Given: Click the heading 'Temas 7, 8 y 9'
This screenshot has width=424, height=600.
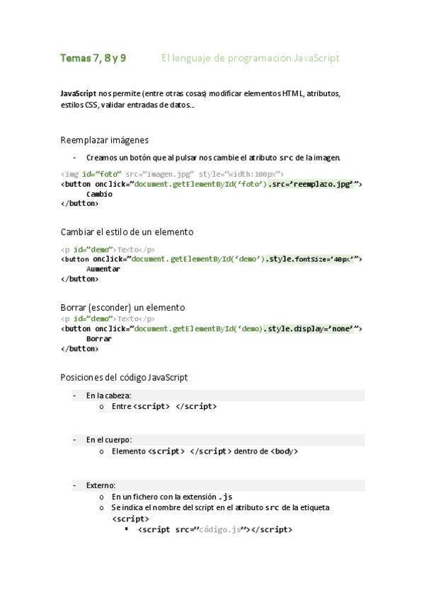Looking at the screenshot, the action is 93,58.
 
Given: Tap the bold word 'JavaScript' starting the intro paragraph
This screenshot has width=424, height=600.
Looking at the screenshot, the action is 78,93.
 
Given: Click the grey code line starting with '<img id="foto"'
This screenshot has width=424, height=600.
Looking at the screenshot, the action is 172,174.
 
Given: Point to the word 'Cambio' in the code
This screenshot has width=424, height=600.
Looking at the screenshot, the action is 99,194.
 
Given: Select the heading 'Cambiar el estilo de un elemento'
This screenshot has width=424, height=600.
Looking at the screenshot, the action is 127,232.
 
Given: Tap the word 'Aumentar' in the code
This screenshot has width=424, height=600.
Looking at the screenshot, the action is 103,269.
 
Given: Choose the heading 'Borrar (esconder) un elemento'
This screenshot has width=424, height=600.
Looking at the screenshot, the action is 123,308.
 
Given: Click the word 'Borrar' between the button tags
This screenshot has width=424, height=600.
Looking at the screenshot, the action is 99,339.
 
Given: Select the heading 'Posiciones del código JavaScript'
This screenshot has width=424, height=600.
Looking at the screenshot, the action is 125,378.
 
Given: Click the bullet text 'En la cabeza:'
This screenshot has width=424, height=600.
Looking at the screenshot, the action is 108,396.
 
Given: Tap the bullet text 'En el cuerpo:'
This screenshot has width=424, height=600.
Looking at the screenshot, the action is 109,440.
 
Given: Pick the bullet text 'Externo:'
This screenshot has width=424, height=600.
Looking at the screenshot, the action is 101,485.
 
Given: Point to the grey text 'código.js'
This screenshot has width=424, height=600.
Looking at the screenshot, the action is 220,529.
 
